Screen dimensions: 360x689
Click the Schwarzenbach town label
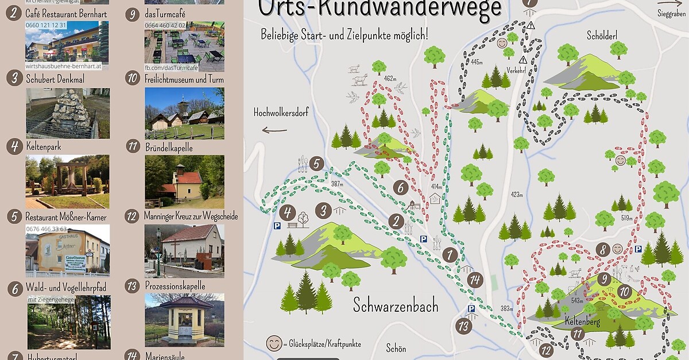[395, 304]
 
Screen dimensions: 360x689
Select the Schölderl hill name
[602, 36]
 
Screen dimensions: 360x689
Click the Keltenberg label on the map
[582, 322]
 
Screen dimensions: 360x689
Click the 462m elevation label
[390, 79]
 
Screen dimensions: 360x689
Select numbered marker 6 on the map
[401, 187]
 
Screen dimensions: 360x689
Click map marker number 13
[463, 327]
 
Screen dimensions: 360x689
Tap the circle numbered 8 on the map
[602, 250]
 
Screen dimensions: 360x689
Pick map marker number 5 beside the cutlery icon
[316, 164]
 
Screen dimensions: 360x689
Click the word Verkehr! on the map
[516, 71]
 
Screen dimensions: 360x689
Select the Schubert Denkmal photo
[68, 113]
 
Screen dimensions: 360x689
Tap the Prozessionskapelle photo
[184, 320]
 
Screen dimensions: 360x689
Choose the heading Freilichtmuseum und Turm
[184, 79]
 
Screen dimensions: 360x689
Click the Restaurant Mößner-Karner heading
[66, 217]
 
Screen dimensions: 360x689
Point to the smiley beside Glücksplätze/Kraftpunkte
[274, 343]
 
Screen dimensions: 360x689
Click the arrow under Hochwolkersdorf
[274, 130]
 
